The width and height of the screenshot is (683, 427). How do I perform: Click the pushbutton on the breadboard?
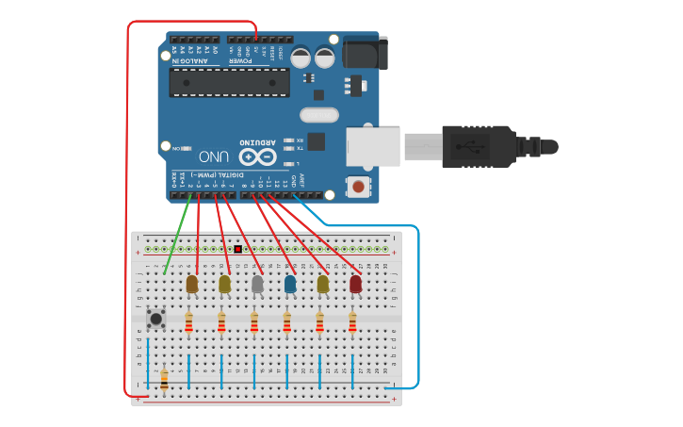click(x=156, y=319)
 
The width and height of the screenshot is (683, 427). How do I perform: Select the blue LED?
click(x=290, y=284)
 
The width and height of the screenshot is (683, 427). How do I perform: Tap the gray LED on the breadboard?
click(x=257, y=283)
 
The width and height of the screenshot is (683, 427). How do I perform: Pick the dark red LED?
click(x=355, y=284)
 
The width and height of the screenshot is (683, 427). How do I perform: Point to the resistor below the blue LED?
click(x=286, y=323)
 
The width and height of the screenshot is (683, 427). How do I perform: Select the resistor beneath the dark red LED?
click(x=352, y=323)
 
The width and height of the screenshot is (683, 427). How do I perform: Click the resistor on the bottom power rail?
click(x=164, y=379)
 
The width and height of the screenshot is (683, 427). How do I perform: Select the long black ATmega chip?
click(x=229, y=82)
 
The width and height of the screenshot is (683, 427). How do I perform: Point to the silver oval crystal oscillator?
click(x=318, y=115)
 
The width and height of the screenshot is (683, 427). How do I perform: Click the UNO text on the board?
click(x=214, y=156)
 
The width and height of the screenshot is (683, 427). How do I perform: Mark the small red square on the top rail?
click(x=237, y=250)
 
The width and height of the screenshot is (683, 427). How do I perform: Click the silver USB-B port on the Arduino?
click(x=374, y=147)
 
